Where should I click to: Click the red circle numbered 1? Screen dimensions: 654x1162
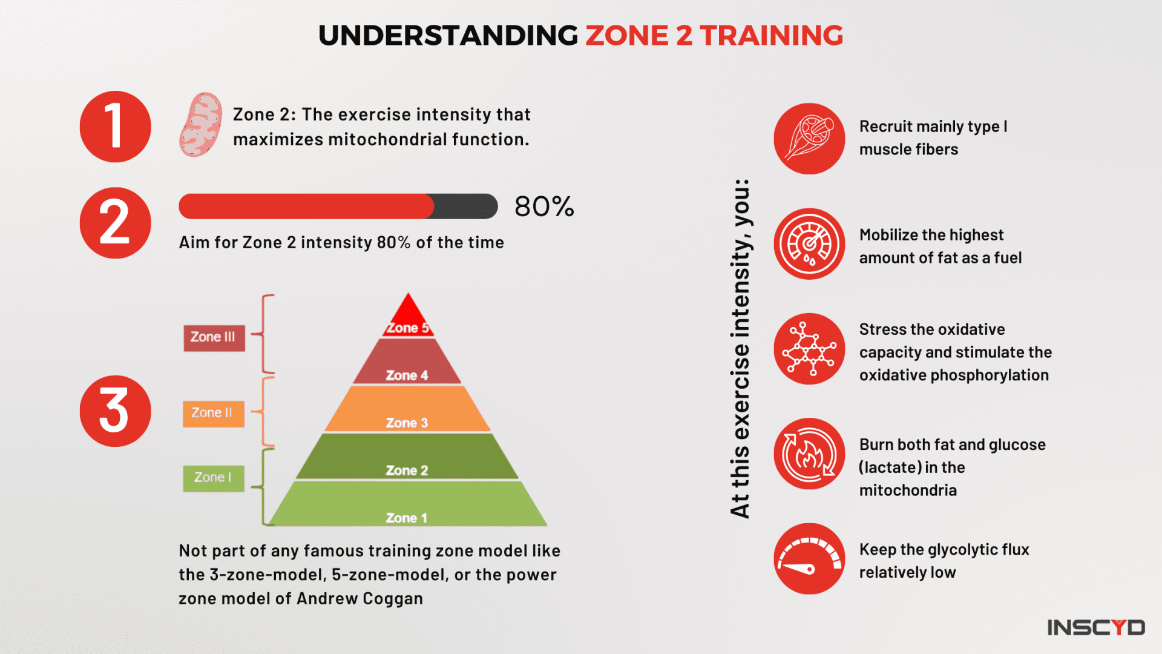click(x=115, y=127)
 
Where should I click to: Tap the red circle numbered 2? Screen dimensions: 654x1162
click(x=115, y=223)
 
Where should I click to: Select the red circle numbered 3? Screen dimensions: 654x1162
click(x=115, y=411)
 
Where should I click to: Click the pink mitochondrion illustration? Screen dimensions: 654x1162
click(x=201, y=125)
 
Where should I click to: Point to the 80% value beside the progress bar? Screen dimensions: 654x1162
click(x=544, y=206)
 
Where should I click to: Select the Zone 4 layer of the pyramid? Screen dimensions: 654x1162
click(x=407, y=363)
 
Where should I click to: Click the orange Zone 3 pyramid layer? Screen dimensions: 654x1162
click(x=407, y=410)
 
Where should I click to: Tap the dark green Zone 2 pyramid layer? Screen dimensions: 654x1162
click(x=407, y=458)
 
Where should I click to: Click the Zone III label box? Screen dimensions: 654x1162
click(x=214, y=337)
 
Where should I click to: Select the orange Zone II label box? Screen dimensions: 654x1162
click(x=214, y=414)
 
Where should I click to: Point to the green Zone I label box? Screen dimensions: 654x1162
click(x=214, y=478)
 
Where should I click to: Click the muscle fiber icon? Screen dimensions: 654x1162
click(x=809, y=139)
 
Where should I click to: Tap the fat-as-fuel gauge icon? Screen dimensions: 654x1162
click(x=809, y=244)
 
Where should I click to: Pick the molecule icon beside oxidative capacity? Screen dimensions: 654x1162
click(x=809, y=349)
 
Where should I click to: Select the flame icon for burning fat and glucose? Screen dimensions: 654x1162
click(x=809, y=454)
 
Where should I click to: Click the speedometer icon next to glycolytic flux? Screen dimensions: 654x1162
click(x=809, y=559)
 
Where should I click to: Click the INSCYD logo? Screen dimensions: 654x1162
click(x=1096, y=627)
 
